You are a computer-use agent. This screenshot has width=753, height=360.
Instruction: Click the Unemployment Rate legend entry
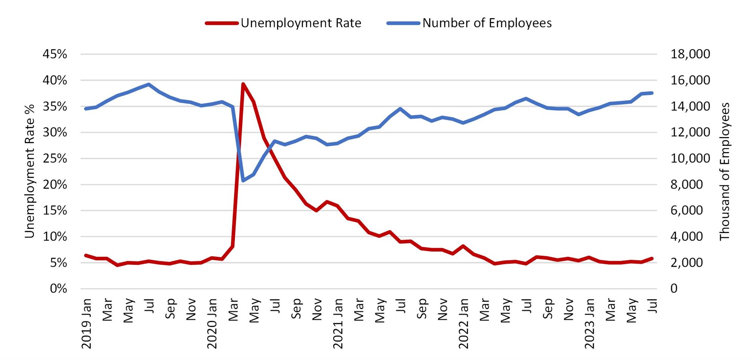(x=283, y=23)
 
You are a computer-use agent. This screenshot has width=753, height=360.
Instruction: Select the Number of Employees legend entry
(x=469, y=23)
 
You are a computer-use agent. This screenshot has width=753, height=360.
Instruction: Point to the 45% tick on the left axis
(x=55, y=54)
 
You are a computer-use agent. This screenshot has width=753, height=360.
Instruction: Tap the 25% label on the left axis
(x=55, y=159)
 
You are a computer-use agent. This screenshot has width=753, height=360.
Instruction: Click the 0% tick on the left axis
(x=58, y=289)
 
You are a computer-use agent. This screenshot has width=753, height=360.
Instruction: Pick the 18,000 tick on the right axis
(x=690, y=54)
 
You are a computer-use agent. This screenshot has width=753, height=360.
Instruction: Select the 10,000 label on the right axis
(x=690, y=159)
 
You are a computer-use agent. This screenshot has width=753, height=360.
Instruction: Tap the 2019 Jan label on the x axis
(x=87, y=323)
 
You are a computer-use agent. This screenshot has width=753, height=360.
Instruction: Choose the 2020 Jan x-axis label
(x=212, y=323)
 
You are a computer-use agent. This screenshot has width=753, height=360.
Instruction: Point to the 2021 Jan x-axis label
(x=338, y=323)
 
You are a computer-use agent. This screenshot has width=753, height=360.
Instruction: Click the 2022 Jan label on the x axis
(x=463, y=323)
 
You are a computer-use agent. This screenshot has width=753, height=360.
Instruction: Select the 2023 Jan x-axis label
(x=589, y=323)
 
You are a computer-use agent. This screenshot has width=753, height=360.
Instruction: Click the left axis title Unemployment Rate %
(x=29, y=171)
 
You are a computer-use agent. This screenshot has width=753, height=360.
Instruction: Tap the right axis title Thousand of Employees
(x=724, y=171)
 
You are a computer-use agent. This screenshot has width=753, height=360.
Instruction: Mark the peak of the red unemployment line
(x=243, y=84)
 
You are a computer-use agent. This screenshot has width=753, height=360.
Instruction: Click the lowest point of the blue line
(x=243, y=181)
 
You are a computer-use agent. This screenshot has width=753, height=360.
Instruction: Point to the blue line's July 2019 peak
(x=149, y=84)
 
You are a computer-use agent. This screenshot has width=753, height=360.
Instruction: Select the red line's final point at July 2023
(x=652, y=258)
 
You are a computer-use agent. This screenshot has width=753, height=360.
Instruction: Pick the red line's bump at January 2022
(x=463, y=246)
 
